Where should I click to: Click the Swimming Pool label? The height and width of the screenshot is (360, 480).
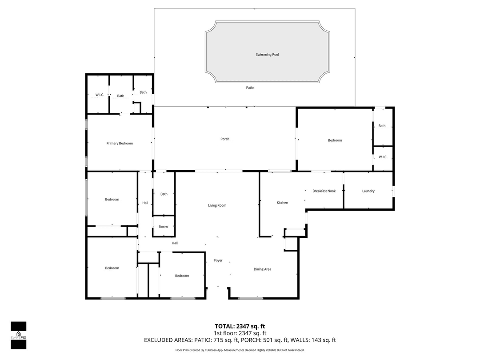267,55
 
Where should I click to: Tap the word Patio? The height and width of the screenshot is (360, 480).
250,88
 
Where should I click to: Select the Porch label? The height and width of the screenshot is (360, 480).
225,139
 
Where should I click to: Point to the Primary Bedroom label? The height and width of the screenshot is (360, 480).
120,144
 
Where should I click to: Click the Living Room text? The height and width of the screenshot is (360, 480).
217,205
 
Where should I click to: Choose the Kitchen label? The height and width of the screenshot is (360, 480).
282,203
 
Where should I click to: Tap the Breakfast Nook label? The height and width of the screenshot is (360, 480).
324,191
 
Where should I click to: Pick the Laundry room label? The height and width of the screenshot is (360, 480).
368,191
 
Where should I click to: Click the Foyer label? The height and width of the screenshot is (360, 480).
218,260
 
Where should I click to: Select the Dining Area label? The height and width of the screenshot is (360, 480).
262,269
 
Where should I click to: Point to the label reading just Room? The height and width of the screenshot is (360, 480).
164,227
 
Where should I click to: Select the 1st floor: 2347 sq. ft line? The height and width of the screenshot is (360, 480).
240,333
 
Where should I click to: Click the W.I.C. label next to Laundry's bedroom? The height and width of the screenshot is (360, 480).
383,157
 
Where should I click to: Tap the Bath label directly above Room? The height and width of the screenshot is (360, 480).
164,194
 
